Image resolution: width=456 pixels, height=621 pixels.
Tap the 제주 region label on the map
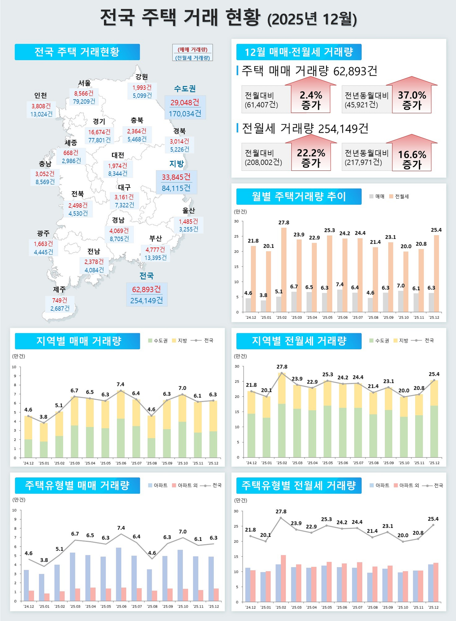(x=59, y=290)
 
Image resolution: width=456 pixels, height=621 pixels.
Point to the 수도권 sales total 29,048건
(x=185, y=102)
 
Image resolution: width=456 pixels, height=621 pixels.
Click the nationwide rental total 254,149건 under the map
(x=147, y=300)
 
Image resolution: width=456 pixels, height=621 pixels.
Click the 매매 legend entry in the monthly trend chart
(x=377, y=196)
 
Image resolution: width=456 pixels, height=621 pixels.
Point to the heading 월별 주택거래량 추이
(x=299, y=196)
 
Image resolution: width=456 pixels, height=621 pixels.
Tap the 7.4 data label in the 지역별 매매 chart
(x=120, y=384)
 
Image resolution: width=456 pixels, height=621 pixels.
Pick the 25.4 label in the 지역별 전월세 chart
(x=434, y=374)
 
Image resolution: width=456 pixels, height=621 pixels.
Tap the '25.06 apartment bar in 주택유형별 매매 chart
(x=118, y=574)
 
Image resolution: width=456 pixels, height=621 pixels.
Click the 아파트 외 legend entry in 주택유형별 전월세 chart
(x=406, y=485)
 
